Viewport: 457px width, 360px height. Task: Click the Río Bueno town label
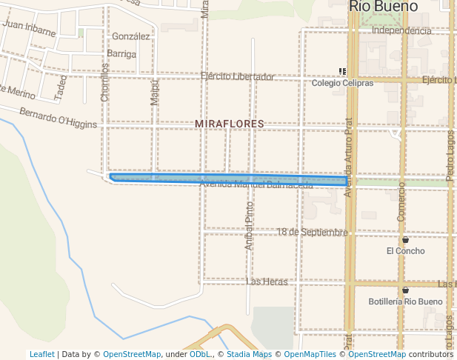(x=384, y=7)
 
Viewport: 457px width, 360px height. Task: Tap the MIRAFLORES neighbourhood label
(x=229, y=124)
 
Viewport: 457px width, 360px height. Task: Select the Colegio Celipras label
(x=342, y=83)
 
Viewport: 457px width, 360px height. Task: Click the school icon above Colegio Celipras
(x=342, y=72)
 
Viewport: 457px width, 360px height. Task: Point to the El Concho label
(x=405, y=251)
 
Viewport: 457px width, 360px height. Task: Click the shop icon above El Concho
(x=405, y=240)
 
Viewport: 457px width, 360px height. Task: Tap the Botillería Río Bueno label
(x=405, y=301)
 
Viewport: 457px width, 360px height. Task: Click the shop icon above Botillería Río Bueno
(x=405, y=290)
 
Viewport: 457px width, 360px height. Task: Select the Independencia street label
(x=401, y=30)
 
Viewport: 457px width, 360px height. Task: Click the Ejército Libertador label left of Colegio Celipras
(x=237, y=76)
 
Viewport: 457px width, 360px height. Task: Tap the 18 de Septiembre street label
(x=312, y=232)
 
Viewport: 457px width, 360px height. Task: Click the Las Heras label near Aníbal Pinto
(x=266, y=282)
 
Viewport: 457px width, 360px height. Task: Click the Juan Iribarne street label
(x=29, y=28)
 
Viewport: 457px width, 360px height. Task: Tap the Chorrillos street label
(x=104, y=82)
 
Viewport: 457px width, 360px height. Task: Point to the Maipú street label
(x=155, y=93)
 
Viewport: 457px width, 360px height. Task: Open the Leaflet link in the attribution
(x=41, y=355)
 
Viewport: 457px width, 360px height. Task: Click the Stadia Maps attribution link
(x=249, y=355)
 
